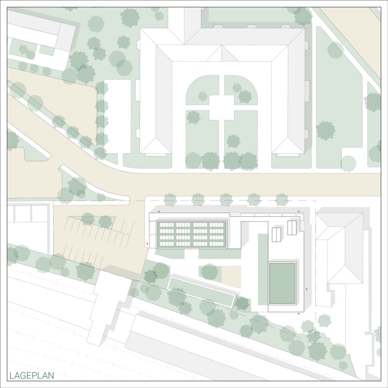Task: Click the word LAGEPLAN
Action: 32,376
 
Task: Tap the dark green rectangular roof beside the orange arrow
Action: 282,283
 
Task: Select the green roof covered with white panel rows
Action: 192,235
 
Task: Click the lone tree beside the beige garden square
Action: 210,272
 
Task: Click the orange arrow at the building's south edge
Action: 299,314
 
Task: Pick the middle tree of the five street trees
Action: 226,199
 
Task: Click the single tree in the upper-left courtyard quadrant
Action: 203,97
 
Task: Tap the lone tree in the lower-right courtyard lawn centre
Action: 233,141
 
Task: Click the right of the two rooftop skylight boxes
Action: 292,228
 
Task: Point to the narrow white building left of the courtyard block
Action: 117,116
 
